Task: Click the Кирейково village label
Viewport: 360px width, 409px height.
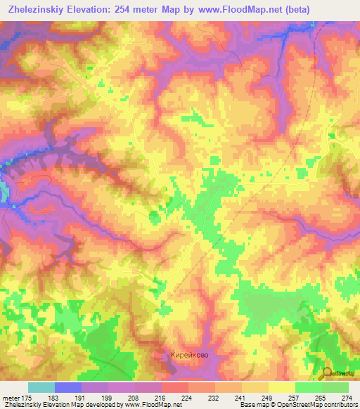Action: [189, 356]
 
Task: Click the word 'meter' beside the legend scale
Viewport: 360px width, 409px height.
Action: [12, 397]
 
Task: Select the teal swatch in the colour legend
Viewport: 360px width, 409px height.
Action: [41, 387]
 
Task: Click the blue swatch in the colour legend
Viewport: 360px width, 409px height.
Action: [67, 387]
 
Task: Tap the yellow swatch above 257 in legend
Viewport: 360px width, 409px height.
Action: [281, 387]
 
